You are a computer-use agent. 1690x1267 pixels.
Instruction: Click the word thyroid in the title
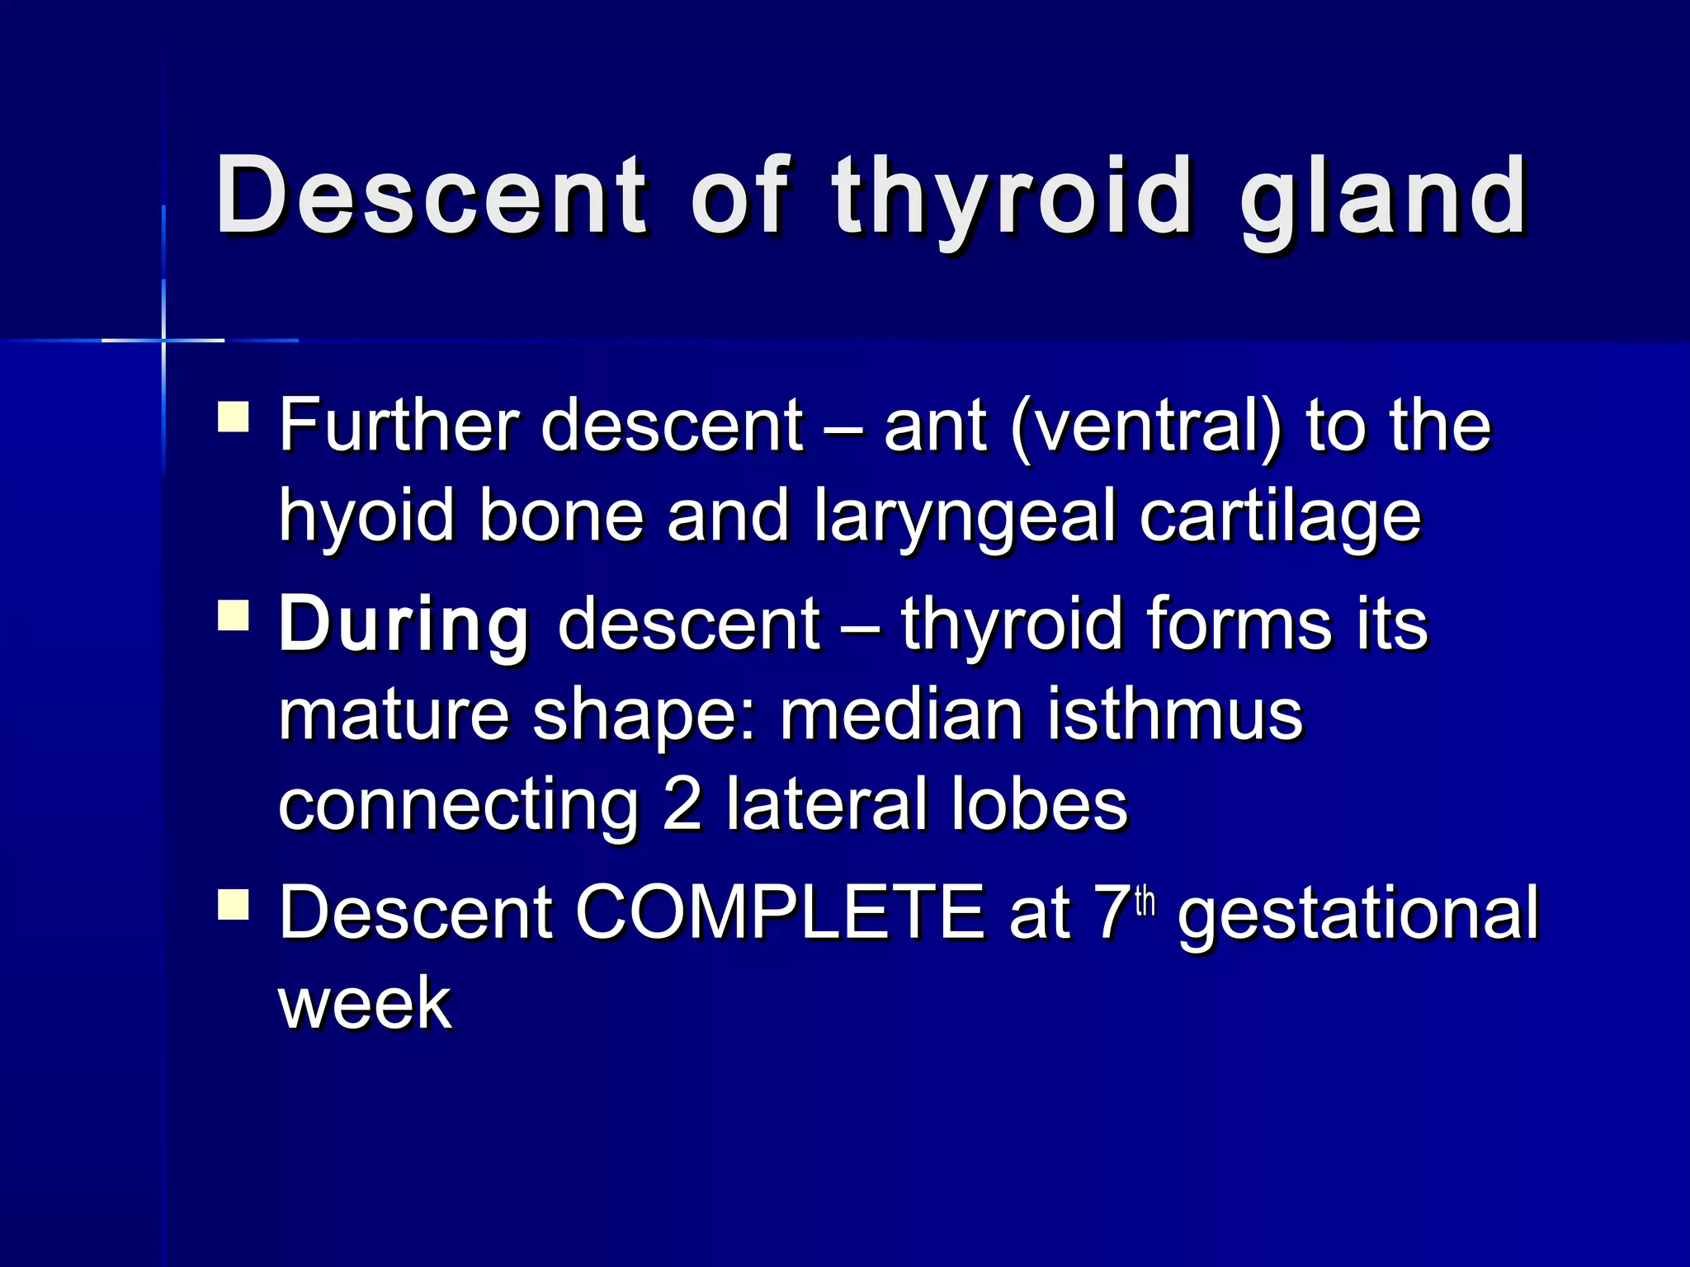pyautogui.click(x=1012, y=198)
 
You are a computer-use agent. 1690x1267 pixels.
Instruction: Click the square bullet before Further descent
pyautogui.click(x=234, y=417)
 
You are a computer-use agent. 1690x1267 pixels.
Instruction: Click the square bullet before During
pyautogui.click(x=234, y=615)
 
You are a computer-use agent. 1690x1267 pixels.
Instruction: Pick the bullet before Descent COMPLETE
pyautogui.click(x=234, y=904)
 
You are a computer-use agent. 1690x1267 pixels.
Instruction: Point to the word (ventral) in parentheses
pyautogui.click(x=1146, y=426)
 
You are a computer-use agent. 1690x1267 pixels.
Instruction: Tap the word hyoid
pyautogui.click(x=366, y=517)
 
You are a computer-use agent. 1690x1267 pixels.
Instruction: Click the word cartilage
pyautogui.click(x=1280, y=517)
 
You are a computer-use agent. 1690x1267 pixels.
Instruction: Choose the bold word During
pyautogui.click(x=404, y=624)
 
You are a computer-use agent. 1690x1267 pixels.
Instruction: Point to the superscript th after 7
pyautogui.click(x=1146, y=902)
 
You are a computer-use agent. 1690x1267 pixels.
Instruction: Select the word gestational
pyautogui.click(x=1358, y=914)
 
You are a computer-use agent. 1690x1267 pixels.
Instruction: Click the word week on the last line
pyautogui.click(x=365, y=1003)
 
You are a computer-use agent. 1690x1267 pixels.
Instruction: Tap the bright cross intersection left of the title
pyautogui.click(x=163, y=340)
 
